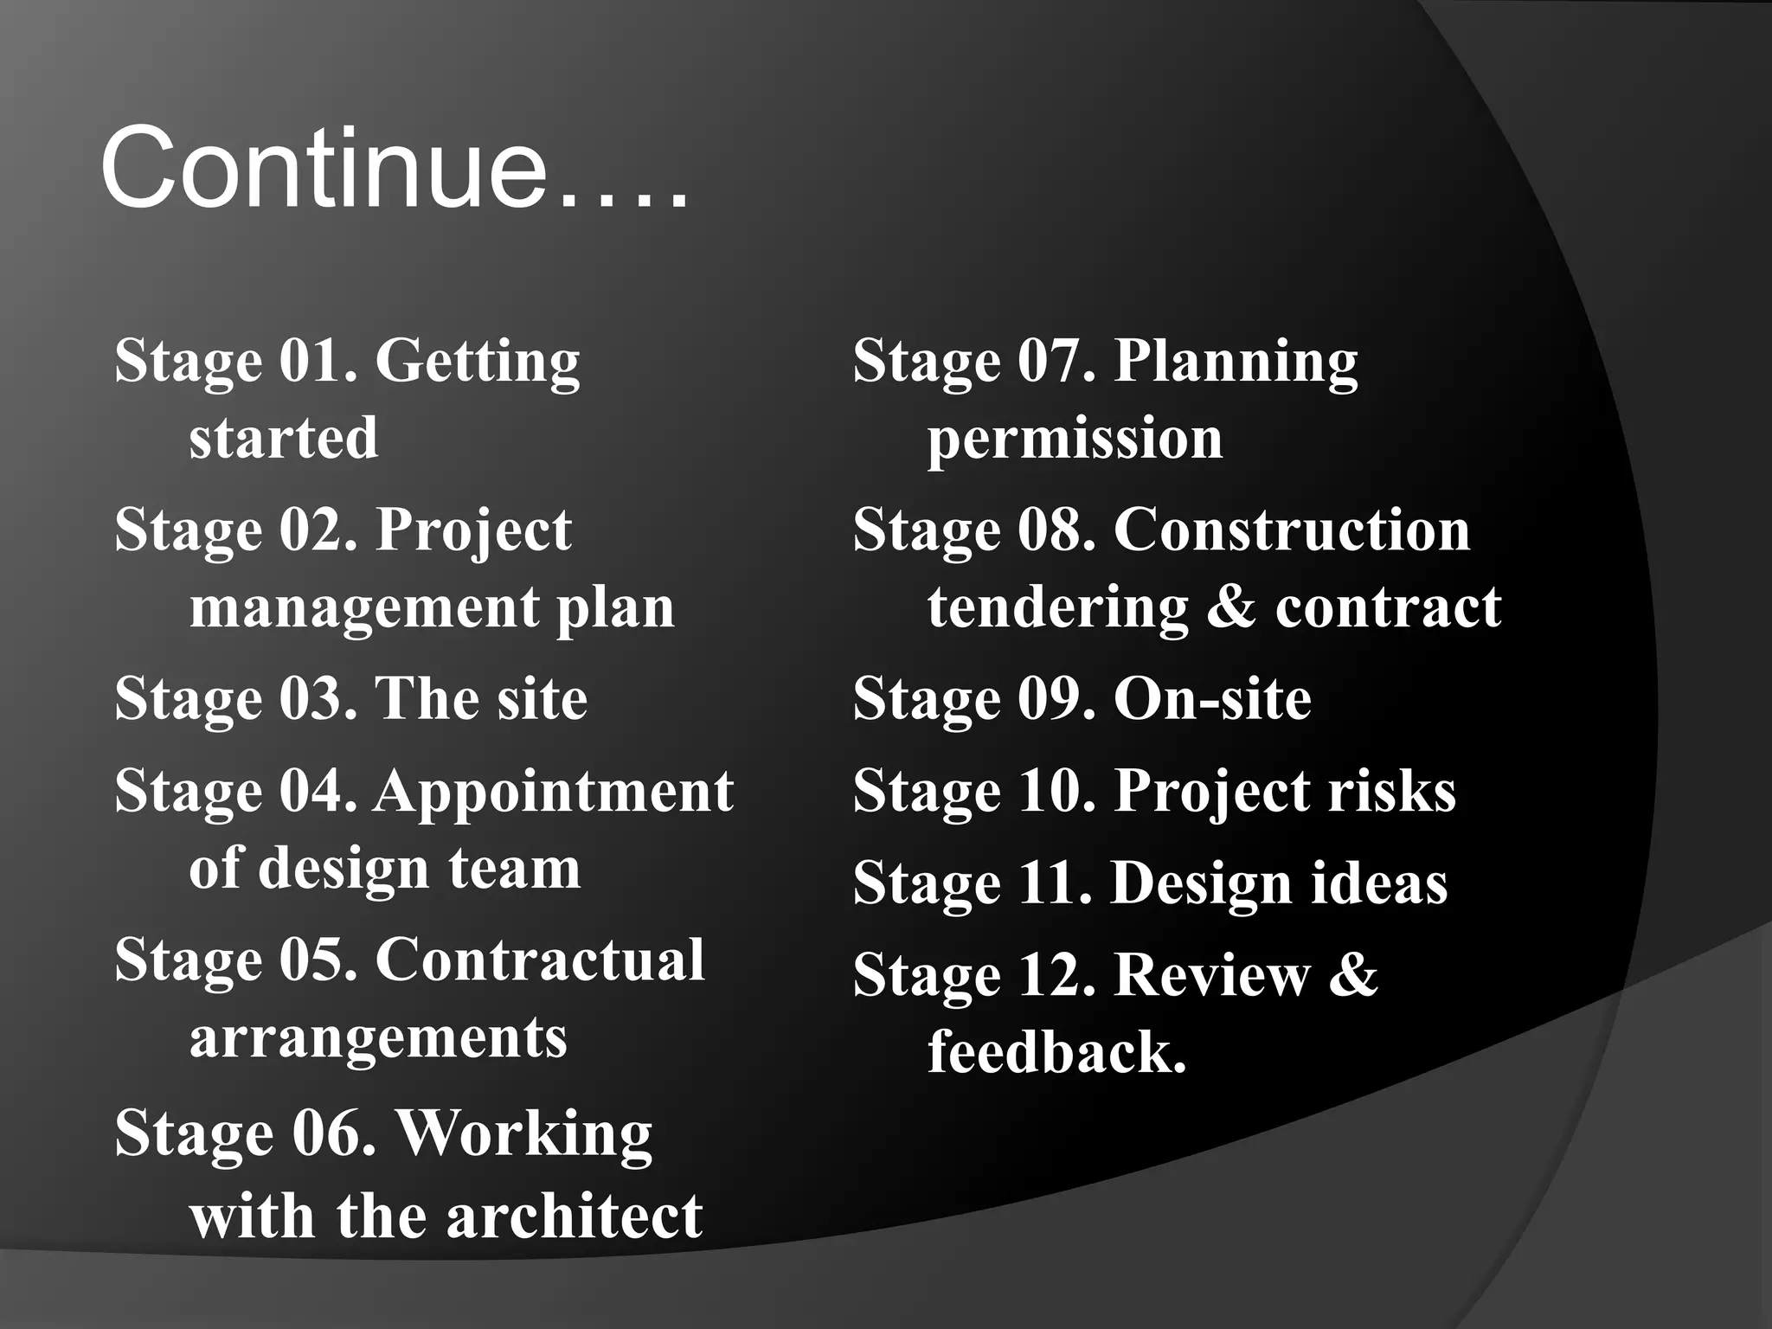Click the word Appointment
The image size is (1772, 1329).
554,793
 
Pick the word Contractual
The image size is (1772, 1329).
540,960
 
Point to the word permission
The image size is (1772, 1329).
1075,440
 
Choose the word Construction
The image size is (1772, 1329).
1292,530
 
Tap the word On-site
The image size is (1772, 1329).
1212,699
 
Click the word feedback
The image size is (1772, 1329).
1056,1052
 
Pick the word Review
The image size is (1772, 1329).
1212,976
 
